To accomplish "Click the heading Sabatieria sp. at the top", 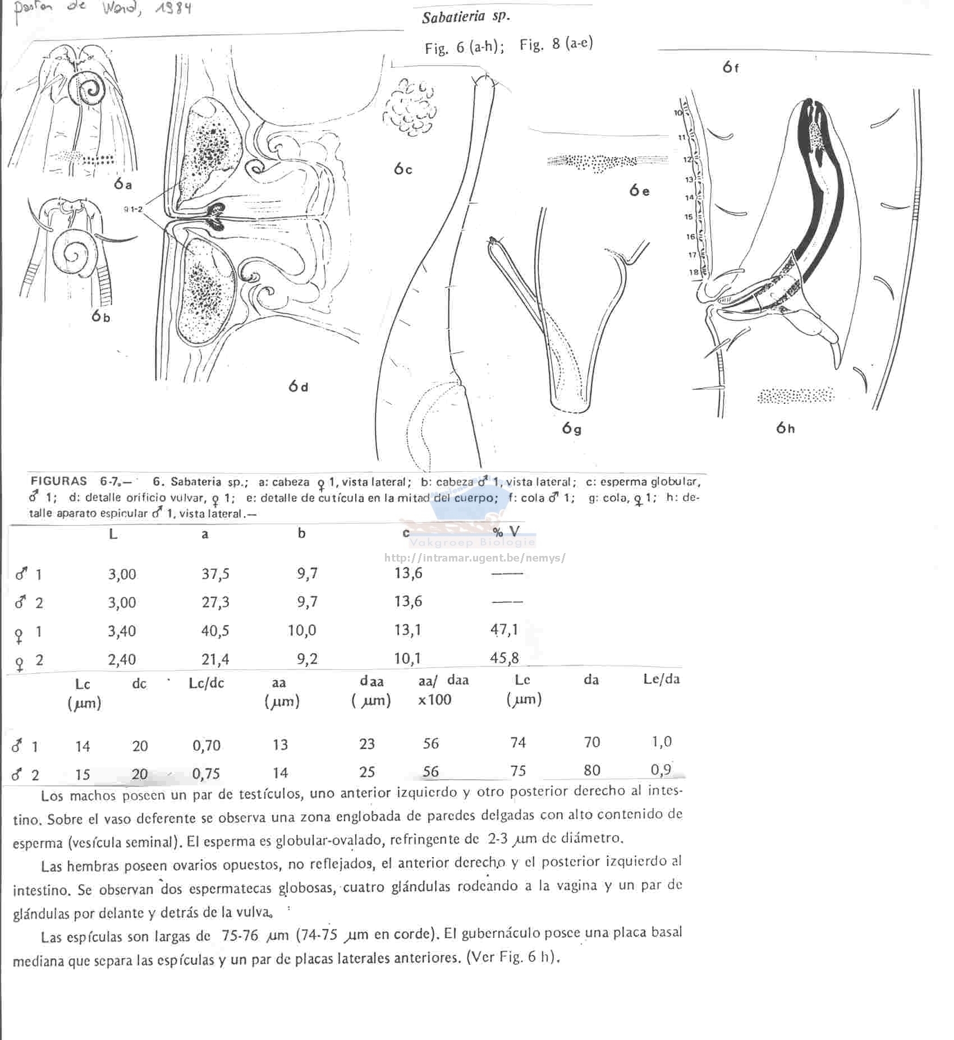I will (x=466, y=17).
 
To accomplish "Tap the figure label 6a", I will (x=122, y=184).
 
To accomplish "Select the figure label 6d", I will (x=298, y=386).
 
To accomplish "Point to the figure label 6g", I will (x=571, y=429).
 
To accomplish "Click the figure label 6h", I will (x=785, y=428).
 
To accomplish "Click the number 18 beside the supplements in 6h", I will (x=694, y=273).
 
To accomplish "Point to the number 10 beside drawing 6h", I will (x=678, y=113).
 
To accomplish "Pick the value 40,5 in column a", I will (x=215, y=631).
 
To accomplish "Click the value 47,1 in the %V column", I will (x=504, y=630).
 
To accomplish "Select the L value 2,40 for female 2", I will (x=122, y=660).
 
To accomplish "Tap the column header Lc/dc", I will (x=206, y=683).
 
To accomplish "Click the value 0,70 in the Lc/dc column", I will (x=206, y=746).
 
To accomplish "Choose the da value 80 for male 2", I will (x=591, y=770).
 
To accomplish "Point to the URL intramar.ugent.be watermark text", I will (x=475, y=558).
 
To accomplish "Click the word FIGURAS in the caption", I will (x=59, y=481).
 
